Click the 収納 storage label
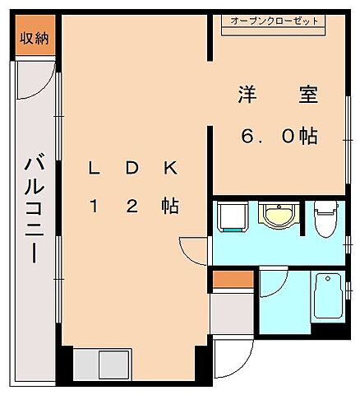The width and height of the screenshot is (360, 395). (x=34, y=37)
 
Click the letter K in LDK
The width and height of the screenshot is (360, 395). (x=170, y=168)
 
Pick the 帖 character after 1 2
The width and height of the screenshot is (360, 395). (x=170, y=207)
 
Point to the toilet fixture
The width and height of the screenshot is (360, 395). (x=327, y=218)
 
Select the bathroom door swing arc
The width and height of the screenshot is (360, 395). (x=272, y=284)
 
